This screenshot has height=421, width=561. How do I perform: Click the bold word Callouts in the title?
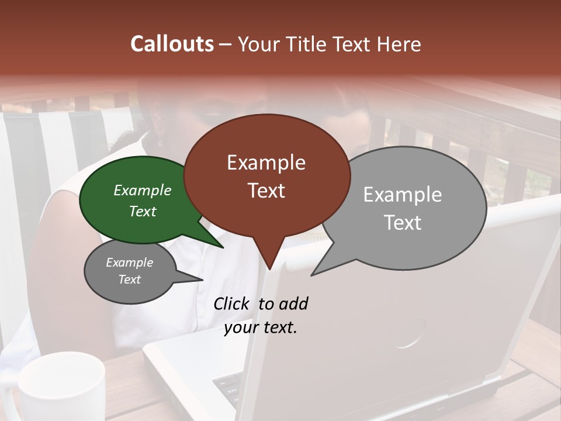pyautogui.click(x=172, y=44)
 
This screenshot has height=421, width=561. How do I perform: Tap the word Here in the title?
pyautogui.click(x=399, y=44)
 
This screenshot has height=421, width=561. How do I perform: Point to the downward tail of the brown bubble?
pyautogui.click(x=269, y=257)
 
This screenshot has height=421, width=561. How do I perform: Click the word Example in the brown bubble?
pyautogui.click(x=266, y=163)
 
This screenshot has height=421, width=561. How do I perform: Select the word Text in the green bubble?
pyautogui.click(x=143, y=212)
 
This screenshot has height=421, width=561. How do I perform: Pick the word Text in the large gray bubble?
pyautogui.click(x=403, y=223)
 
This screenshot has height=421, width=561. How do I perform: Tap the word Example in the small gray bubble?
pyautogui.click(x=129, y=263)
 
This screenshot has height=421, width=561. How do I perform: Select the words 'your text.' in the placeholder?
pyautogui.click(x=261, y=327)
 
